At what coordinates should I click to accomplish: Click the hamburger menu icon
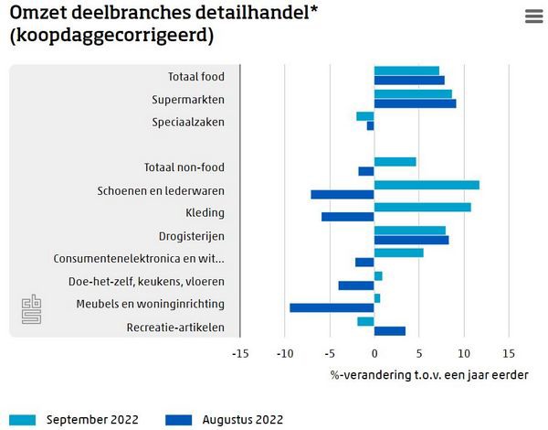click(x=534, y=16)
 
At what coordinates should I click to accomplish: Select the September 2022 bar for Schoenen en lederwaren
click(x=427, y=185)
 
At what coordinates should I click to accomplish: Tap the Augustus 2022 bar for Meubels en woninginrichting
click(x=332, y=307)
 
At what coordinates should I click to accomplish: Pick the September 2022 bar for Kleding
click(x=422, y=207)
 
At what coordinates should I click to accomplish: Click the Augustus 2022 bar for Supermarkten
click(x=415, y=103)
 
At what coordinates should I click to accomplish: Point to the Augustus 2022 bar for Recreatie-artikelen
click(x=390, y=330)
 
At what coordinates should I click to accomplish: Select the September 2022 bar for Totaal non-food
click(x=395, y=162)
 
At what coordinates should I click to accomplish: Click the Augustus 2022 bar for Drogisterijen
click(x=411, y=240)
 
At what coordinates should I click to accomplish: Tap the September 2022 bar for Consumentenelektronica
click(x=398, y=253)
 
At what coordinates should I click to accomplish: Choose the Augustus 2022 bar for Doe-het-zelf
click(x=356, y=285)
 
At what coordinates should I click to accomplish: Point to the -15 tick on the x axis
click(x=240, y=352)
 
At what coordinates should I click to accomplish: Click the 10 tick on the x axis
click(x=464, y=352)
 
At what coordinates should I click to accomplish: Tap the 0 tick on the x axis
click(x=374, y=352)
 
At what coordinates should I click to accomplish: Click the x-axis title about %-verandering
click(x=429, y=374)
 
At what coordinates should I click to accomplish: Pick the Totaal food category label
click(x=195, y=76)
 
